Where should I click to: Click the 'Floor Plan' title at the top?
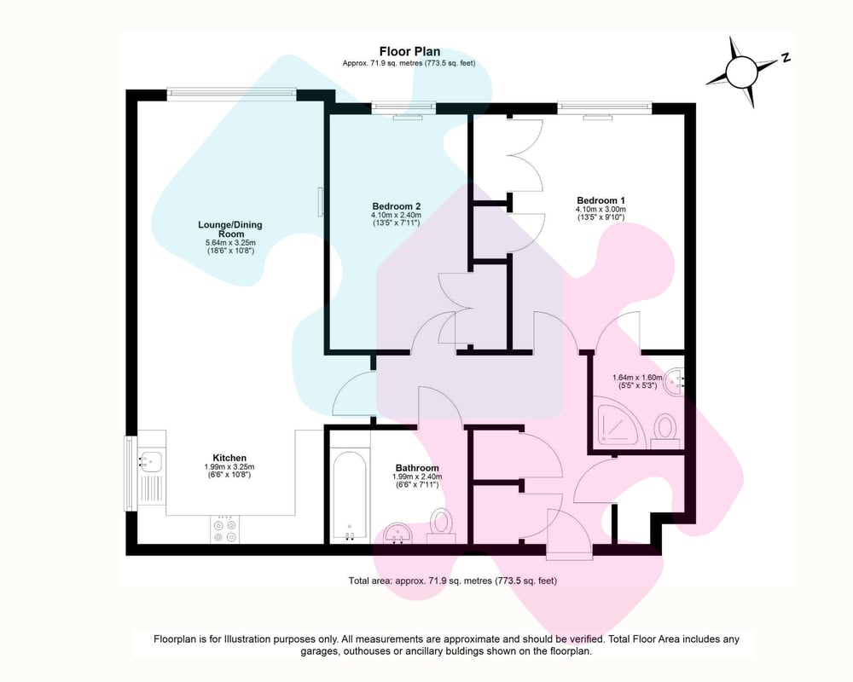[409, 52]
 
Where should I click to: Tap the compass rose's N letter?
[785, 58]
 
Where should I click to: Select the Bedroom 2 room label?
[396, 206]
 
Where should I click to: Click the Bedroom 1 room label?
[601, 200]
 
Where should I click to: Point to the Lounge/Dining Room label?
[230, 229]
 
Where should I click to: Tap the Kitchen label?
[229, 458]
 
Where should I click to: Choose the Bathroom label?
[417, 468]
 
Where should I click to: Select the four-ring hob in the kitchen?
[225, 529]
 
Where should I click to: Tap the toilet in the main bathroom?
[441, 527]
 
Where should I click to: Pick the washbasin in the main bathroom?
[397, 534]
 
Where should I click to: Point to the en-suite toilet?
[664, 431]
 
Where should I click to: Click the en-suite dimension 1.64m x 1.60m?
[637, 378]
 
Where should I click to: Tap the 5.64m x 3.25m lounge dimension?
[230, 243]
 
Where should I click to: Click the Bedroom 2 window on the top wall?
[403, 109]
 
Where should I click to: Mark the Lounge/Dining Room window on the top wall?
[232, 95]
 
